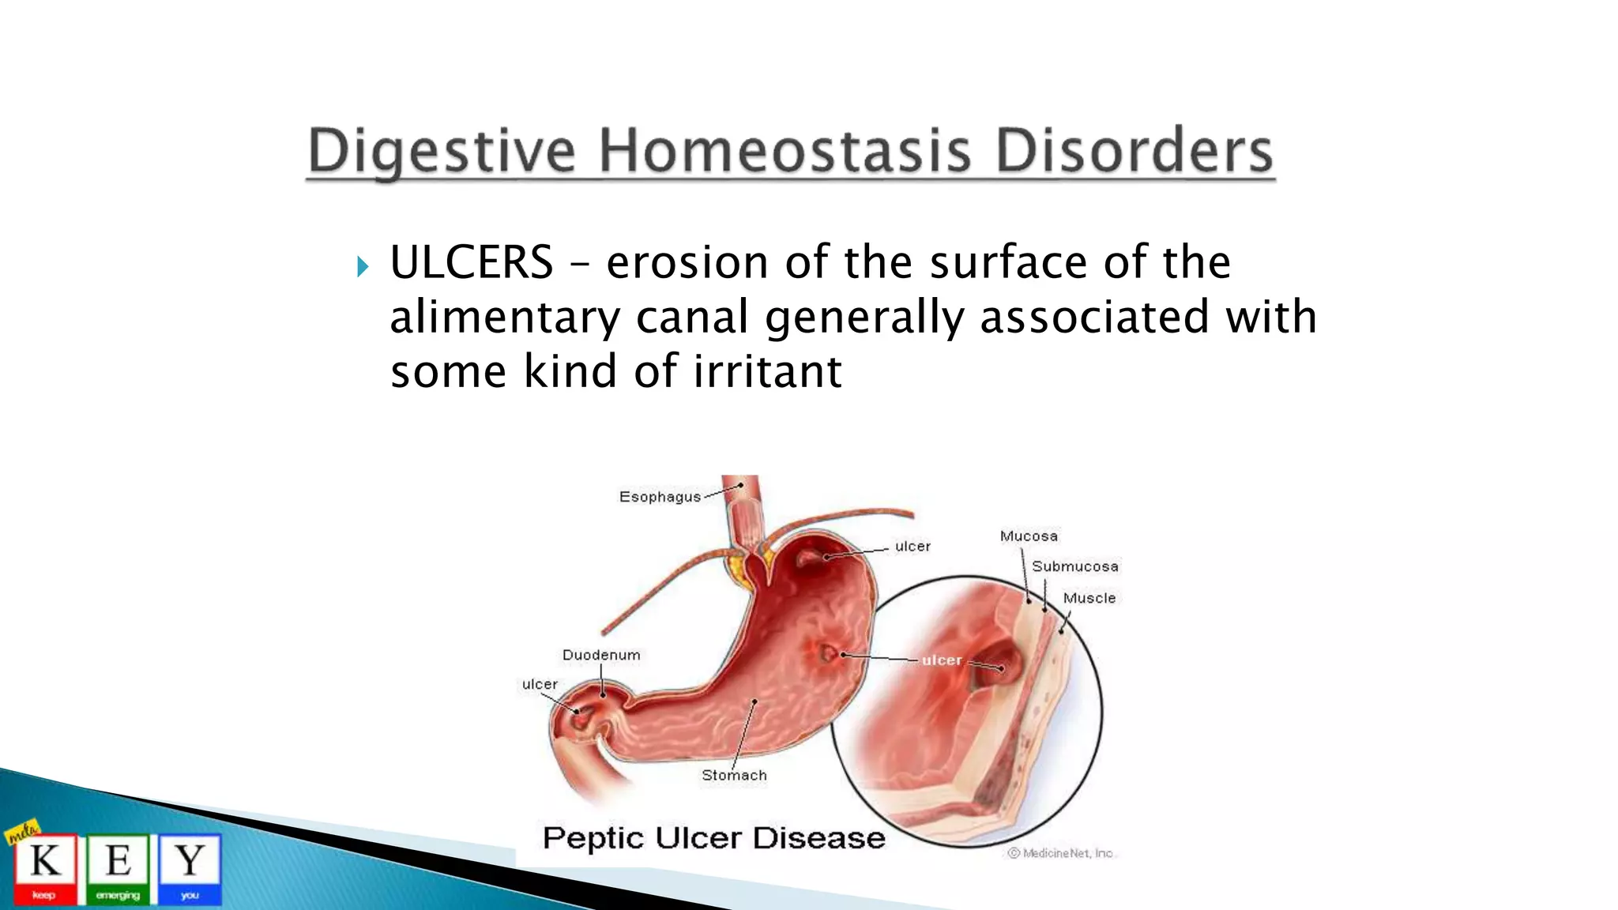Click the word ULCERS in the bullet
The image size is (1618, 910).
(x=472, y=262)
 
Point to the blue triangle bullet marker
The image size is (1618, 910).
(x=362, y=267)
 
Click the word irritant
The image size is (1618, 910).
(x=767, y=371)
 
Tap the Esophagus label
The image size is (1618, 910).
(x=660, y=497)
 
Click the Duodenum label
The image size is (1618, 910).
(x=601, y=655)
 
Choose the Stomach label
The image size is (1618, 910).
(x=734, y=775)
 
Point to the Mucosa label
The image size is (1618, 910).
(x=1029, y=536)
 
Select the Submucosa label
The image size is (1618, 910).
(x=1074, y=566)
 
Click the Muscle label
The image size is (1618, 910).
(x=1089, y=598)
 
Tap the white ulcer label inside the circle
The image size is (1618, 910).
(x=942, y=660)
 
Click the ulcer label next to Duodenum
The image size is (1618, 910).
(x=540, y=684)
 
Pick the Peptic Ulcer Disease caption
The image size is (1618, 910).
(x=714, y=838)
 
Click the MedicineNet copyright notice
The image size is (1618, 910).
(x=1061, y=853)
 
